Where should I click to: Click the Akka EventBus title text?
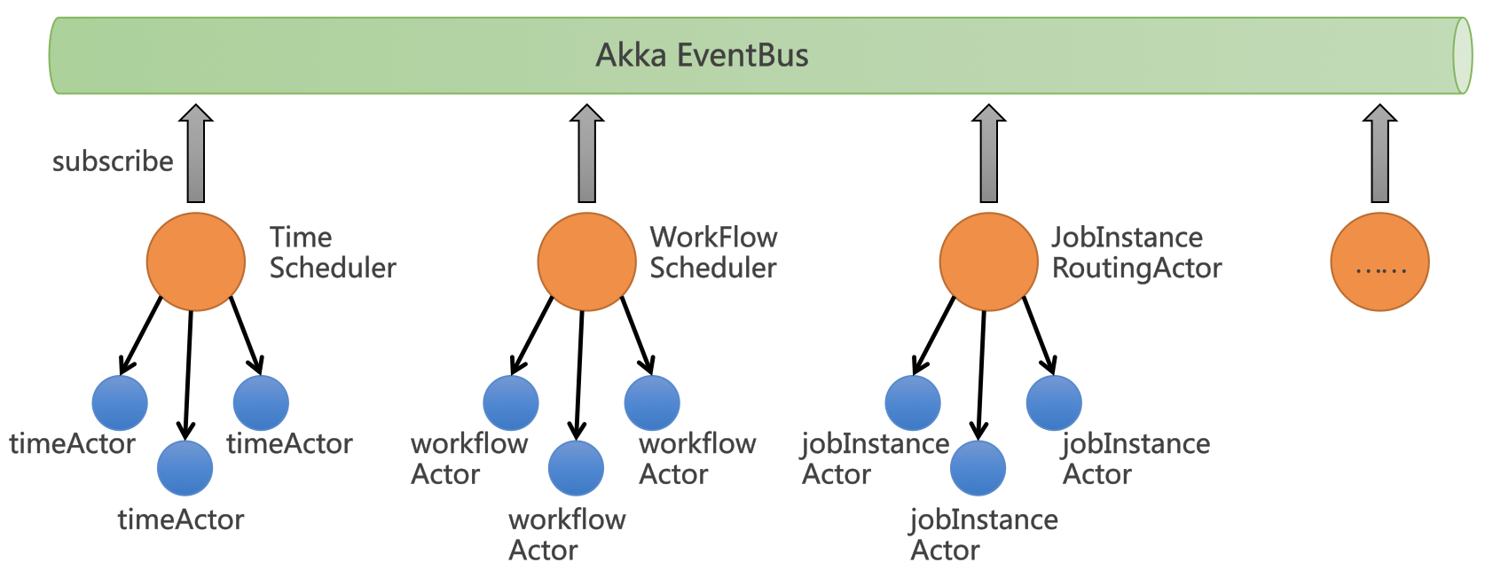click(702, 55)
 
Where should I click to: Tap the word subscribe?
click(113, 161)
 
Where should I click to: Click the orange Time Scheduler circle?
click(195, 262)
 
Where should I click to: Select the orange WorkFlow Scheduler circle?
click(586, 262)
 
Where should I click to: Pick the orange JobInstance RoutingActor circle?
click(988, 262)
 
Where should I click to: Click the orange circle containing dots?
click(1379, 262)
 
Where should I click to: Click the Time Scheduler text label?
click(332, 253)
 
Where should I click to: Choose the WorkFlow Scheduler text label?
click(713, 253)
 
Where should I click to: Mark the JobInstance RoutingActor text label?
click(1135, 253)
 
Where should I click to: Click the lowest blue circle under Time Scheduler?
click(185, 468)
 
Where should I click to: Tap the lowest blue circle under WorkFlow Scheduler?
click(576, 468)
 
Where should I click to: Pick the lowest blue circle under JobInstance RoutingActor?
click(978, 468)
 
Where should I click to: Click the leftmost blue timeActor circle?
click(120, 402)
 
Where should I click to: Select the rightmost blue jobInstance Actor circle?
click(1054, 402)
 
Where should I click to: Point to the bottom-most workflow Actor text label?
click(566, 535)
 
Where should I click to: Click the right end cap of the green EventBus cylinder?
click(1462, 55)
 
